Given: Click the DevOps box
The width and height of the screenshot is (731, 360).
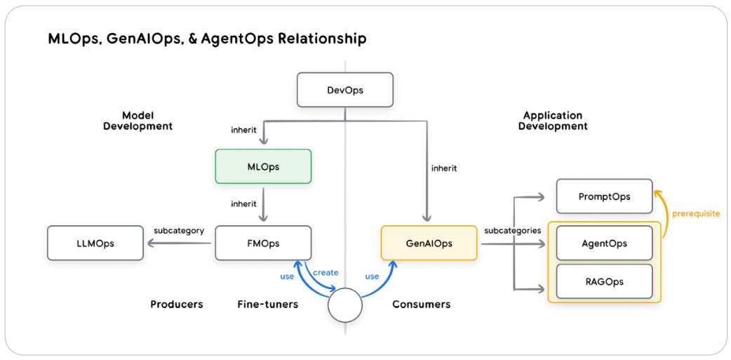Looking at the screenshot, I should pyautogui.click(x=344, y=90).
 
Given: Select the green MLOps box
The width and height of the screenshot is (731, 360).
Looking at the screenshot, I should pyautogui.click(x=263, y=166).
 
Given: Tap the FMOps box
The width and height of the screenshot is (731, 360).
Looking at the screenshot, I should pyautogui.click(x=263, y=243).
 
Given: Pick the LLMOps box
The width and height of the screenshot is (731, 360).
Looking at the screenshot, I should pyautogui.click(x=95, y=243).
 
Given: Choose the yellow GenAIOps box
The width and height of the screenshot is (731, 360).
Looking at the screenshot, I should pyautogui.click(x=429, y=243).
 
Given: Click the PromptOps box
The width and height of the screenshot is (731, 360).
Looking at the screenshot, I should pyautogui.click(x=604, y=196).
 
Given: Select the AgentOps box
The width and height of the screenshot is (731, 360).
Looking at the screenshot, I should pyautogui.click(x=604, y=243).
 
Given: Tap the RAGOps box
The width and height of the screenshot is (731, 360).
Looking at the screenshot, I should pyautogui.click(x=604, y=281).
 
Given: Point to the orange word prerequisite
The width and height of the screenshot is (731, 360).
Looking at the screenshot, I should pyautogui.click(x=695, y=213).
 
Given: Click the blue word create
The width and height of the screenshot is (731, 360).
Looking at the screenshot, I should pyautogui.click(x=325, y=272).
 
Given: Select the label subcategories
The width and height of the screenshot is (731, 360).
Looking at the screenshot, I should pyautogui.click(x=511, y=230).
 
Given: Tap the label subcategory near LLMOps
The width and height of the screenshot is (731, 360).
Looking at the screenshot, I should pyautogui.click(x=178, y=230).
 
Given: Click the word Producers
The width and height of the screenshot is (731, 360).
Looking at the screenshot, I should pyautogui.click(x=177, y=305).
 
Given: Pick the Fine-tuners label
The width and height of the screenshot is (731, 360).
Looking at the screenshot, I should pyautogui.click(x=268, y=305).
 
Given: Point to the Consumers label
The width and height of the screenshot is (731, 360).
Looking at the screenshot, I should pyautogui.click(x=421, y=305).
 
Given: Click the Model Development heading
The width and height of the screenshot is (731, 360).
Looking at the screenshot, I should pyautogui.click(x=138, y=121).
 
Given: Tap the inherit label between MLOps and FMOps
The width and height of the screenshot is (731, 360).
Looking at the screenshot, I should pyautogui.click(x=243, y=204).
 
